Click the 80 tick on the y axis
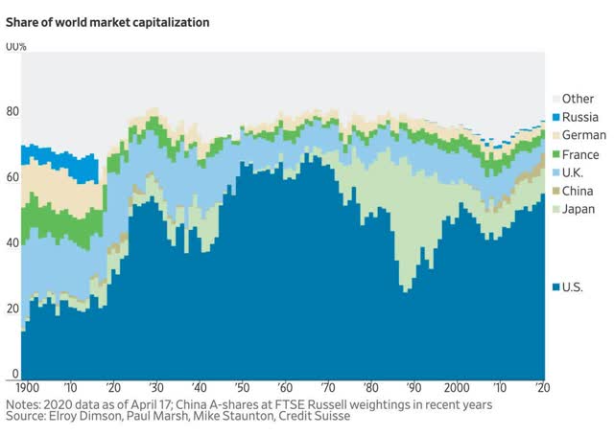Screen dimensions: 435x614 pos(11,112)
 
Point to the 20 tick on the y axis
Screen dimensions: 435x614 pos(11,308)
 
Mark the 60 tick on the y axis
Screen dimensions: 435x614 pos(11,177)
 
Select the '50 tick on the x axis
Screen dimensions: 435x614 pos(247,387)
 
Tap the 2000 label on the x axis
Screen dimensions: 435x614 pos(464,387)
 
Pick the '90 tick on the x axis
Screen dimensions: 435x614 pos(413,387)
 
